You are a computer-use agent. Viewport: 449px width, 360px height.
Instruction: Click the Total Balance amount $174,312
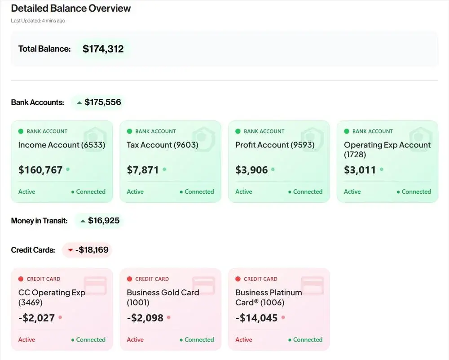pos(103,49)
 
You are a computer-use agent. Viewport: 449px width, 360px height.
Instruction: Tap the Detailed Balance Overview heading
pos(71,8)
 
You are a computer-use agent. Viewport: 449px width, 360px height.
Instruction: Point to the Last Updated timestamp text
pos(38,21)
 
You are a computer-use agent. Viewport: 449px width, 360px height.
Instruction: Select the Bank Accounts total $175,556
pos(102,102)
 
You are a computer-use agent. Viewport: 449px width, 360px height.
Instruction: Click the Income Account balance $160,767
pos(40,170)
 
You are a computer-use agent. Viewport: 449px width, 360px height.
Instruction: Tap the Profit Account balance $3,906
pos(251,170)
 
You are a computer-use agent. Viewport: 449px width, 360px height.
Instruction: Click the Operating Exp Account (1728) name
pos(387,150)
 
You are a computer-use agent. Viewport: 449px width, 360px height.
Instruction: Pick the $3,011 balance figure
pos(360,170)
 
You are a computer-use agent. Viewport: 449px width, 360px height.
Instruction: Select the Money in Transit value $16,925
pos(104,221)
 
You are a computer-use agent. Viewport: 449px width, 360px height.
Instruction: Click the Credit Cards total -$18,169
pos(92,249)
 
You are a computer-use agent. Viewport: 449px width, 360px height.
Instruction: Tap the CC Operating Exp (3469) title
pos(52,297)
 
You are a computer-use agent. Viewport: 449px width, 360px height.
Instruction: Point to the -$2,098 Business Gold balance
pos(145,318)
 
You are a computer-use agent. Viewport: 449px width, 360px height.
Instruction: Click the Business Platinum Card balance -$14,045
pos(256,318)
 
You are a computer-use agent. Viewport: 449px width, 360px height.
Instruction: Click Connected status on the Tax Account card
pos(199,191)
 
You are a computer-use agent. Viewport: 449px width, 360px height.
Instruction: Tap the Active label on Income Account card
pos(26,191)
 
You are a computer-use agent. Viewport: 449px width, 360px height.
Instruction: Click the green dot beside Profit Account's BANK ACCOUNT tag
pos(238,131)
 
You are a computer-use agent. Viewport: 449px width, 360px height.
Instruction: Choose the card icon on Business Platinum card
pos(313,285)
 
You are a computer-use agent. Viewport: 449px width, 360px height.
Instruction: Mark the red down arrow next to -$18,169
pos(70,250)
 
